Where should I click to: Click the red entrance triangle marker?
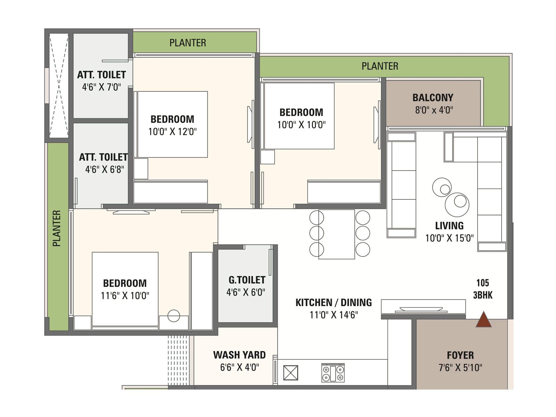483,320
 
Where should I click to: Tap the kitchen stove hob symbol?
333,373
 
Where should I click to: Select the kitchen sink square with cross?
291,373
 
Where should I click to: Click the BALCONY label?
433,98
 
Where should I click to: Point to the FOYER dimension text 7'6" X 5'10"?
460,368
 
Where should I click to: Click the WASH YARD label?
239,355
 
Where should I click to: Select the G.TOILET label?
247,280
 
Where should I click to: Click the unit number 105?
483,283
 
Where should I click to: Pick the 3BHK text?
483,295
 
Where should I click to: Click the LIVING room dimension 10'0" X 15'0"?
449,238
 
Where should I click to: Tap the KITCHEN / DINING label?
334,303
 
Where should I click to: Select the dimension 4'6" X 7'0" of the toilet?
101,87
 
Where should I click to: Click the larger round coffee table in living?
457,205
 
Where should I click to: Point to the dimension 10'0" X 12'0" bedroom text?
172,132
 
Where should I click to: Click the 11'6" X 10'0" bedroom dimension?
125,296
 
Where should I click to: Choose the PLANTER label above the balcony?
380,66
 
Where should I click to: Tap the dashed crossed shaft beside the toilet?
59,85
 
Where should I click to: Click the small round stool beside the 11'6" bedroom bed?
174,316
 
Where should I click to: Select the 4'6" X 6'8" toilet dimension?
105,170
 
